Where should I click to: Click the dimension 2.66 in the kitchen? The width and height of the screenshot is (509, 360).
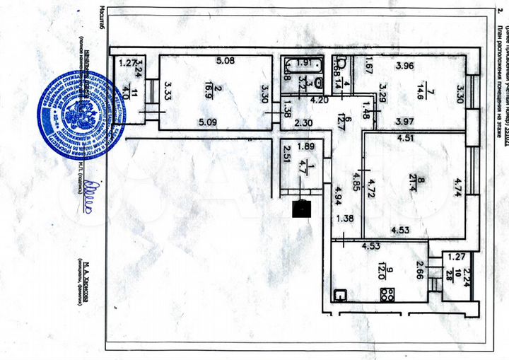[420, 269]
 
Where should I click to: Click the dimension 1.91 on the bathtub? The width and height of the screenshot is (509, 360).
[304, 61]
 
